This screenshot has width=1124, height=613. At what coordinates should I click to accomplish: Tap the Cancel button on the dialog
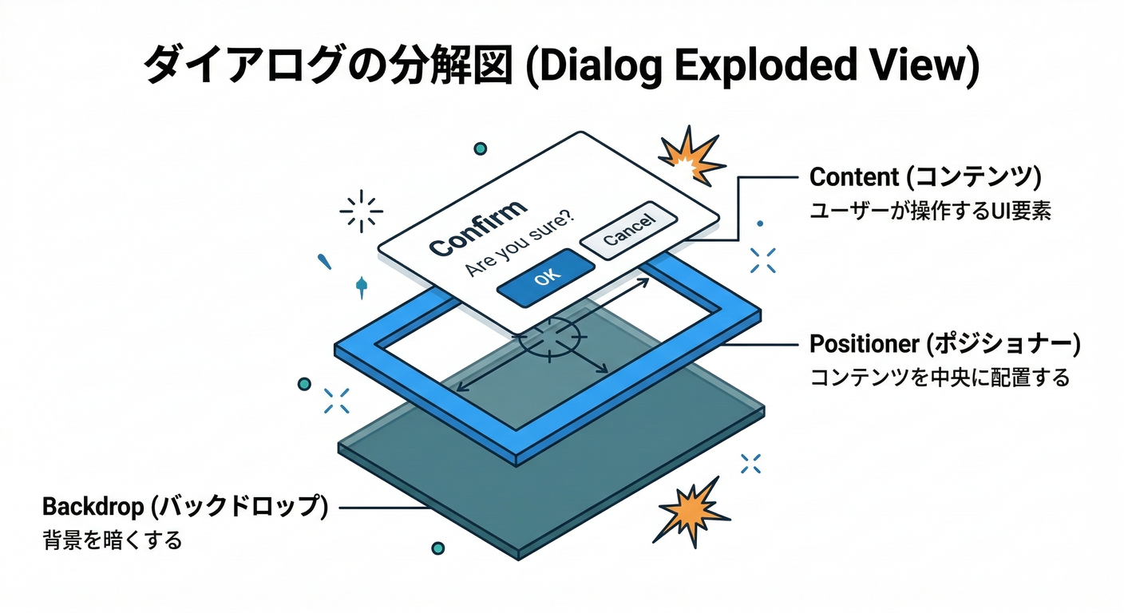click(x=628, y=230)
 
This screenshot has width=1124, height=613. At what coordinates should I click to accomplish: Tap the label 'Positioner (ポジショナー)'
click(x=944, y=345)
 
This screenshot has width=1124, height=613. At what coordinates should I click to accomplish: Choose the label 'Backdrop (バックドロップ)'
click(x=184, y=507)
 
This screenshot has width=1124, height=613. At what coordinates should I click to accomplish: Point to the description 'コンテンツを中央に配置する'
click(x=939, y=378)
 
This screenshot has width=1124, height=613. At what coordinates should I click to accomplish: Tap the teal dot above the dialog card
click(x=480, y=148)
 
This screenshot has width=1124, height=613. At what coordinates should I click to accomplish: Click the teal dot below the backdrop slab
click(x=437, y=548)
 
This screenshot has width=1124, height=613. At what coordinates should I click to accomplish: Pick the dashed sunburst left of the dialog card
click(x=361, y=212)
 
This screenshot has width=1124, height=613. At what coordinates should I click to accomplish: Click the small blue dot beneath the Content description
click(x=759, y=224)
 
